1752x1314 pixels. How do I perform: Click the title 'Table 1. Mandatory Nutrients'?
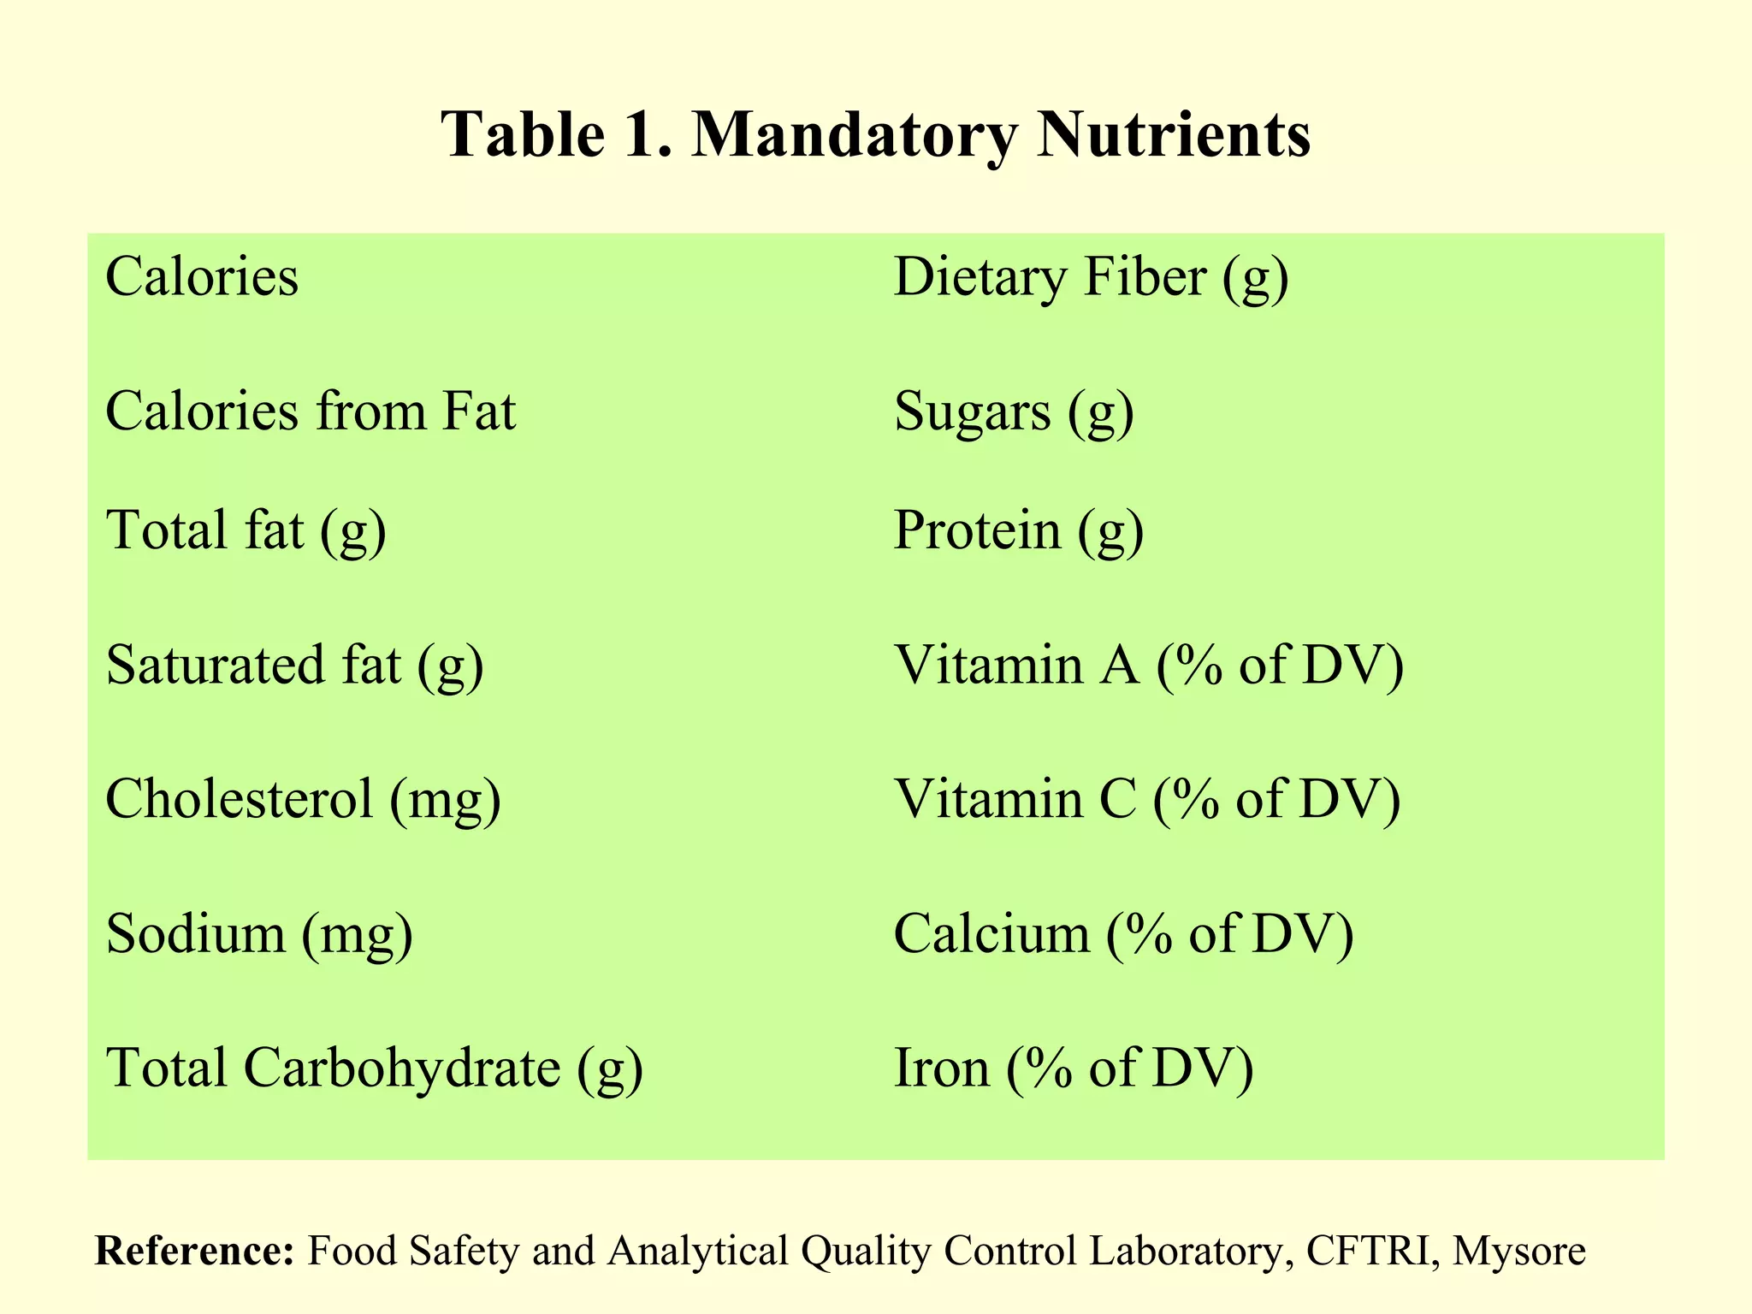(875, 134)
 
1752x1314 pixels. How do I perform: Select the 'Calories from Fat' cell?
(311, 411)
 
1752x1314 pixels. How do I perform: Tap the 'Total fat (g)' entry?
(246, 530)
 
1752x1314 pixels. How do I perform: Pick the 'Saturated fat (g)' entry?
(295, 665)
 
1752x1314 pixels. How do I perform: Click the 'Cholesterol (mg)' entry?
(303, 799)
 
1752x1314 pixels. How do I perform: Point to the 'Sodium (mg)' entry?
(259, 933)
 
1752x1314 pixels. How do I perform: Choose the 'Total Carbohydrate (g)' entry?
(375, 1068)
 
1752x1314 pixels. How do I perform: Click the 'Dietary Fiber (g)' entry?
(1091, 278)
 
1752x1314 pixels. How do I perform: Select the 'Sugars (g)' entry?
(1014, 411)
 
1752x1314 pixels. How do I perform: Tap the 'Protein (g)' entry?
(1019, 530)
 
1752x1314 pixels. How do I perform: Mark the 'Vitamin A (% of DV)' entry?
(1149, 665)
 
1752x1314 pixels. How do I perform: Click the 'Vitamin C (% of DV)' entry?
(1147, 799)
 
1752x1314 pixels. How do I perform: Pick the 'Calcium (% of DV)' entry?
(1124, 933)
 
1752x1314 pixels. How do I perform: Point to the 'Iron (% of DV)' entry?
(1074, 1068)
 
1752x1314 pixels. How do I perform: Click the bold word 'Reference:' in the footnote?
(195, 1251)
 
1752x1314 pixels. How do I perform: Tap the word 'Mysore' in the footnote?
(1519, 1251)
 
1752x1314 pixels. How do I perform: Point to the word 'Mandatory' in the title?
(855, 134)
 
